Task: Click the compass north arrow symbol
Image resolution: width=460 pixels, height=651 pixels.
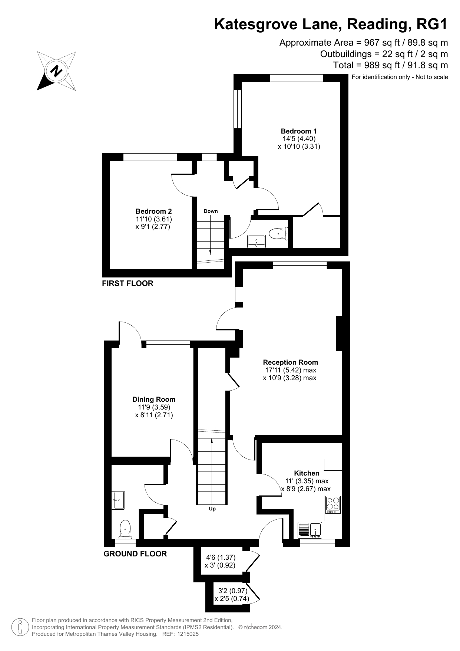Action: point(57,70)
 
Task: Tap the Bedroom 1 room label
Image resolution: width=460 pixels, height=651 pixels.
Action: point(299,131)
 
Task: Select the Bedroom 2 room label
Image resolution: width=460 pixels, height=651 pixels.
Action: point(153,211)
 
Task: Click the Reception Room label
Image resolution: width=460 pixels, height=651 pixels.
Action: point(290,362)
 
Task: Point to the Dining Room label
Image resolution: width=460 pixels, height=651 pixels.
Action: point(154,399)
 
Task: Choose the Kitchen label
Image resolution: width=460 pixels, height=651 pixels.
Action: point(307,473)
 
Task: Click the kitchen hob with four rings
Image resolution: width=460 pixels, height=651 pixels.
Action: point(333,504)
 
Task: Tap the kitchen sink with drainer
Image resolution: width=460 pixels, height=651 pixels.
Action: point(310,530)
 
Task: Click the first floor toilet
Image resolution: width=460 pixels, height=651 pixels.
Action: point(277,234)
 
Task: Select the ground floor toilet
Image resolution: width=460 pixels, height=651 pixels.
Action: point(125,529)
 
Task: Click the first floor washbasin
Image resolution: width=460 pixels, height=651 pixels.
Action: point(257,241)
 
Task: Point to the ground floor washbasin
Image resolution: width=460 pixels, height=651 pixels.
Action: point(118,500)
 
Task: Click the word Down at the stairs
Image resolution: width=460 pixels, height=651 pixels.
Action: point(211,211)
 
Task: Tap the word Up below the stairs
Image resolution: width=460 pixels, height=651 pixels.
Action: point(212,509)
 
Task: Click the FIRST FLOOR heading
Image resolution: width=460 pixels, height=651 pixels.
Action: point(128,283)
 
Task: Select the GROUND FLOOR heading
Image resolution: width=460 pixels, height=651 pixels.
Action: point(135,553)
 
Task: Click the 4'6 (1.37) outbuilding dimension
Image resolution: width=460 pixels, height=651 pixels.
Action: point(221,557)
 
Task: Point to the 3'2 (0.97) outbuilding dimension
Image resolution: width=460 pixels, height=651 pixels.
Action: point(232,591)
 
